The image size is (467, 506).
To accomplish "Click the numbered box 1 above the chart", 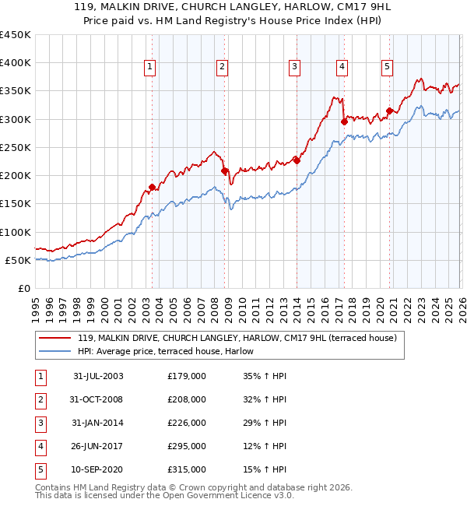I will click(x=149, y=68).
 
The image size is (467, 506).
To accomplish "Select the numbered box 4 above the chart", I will click(x=342, y=68).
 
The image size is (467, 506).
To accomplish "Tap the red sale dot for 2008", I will click(x=224, y=170).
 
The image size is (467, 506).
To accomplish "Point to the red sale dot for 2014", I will click(x=297, y=160).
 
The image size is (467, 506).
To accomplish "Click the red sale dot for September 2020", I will click(x=389, y=111).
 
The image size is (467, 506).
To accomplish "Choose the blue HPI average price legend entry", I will click(x=171, y=351).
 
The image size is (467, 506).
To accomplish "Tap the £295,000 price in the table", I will click(x=187, y=446).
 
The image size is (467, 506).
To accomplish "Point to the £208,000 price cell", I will click(x=187, y=399).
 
